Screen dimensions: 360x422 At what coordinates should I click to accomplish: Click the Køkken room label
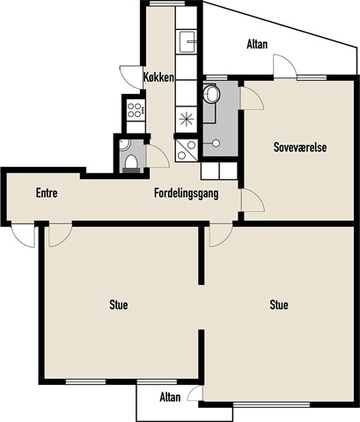pos(158,77)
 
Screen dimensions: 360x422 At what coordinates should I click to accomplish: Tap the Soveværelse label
pos(300,147)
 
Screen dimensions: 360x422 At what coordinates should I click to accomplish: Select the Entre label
pos(47,193)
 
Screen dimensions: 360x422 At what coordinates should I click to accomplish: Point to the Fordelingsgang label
pos(187,193)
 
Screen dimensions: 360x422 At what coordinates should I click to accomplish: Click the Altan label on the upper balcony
pos(257,45)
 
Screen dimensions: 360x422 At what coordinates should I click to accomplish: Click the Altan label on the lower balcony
pos(170,397)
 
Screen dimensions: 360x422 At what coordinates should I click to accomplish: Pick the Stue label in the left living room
pos(119,305)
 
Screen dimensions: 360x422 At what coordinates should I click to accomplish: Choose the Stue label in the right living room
pos(279,305)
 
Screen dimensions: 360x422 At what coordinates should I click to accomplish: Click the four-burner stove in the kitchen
pos(136,110)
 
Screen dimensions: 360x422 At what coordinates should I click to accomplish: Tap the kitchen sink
pos(187,41)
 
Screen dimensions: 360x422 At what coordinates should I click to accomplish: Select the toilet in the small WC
pos(131,164)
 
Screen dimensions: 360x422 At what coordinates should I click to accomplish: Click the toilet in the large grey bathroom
pos(211,94)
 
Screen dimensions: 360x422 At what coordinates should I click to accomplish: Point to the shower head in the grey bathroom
pos(216,143)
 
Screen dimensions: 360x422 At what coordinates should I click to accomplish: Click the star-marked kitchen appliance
pos(187,120)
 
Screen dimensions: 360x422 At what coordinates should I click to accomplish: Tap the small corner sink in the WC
pos(124,144)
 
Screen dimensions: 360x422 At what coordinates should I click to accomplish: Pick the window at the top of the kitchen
pos(167,4)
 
